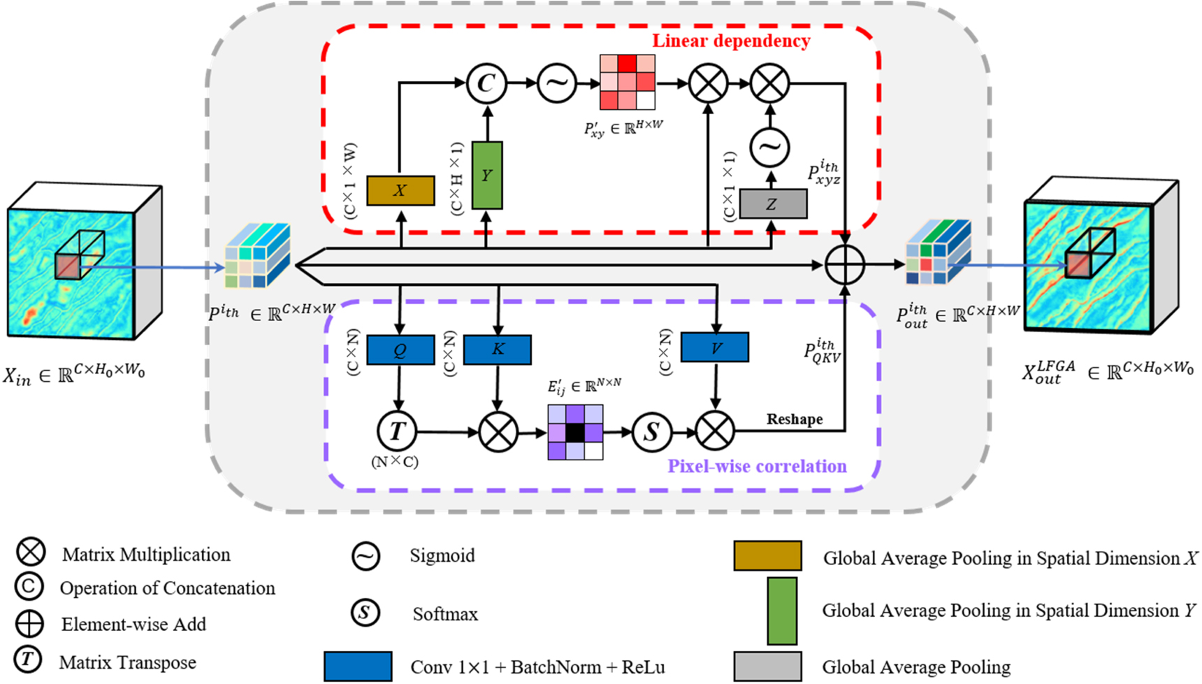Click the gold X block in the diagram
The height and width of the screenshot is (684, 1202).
coord(400,190)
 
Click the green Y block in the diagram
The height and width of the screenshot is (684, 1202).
coord(487,175)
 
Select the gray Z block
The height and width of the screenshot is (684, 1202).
coord(772,204)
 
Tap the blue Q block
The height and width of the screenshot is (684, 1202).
coord(400,349)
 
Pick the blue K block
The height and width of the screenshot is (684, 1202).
coord(498,349)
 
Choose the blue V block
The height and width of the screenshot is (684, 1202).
coord(715,347)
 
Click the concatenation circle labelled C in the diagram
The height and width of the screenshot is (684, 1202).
coord(486,83)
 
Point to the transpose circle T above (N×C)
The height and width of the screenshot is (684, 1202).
coord(397,432)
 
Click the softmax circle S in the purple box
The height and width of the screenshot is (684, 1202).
coord(651,432)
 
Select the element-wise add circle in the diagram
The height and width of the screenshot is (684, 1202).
coord(845,265)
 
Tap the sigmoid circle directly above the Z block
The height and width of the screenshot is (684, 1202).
coord(769,147)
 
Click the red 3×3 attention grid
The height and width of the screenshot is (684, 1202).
coord(628,83)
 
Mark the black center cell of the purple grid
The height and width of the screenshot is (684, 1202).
coord(575,433)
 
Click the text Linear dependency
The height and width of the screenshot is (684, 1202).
coord(731,41)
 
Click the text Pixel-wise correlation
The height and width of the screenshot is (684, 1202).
coord(757,466)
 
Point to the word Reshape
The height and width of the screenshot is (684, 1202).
coord(795,419)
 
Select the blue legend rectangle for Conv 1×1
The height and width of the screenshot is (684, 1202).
coord(358,667)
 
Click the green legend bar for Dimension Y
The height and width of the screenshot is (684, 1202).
coord(782,611)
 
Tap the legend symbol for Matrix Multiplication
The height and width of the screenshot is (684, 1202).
coord(31,553)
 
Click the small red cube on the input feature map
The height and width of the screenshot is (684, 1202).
coord(68,266)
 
